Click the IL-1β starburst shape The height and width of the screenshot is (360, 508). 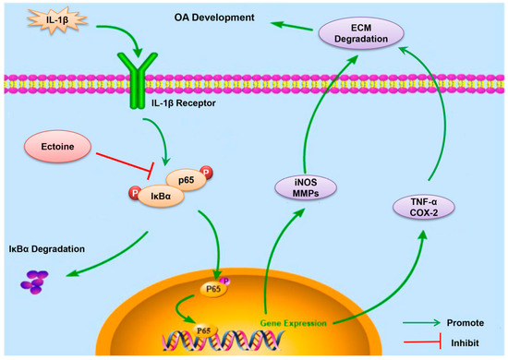(x=57, y=20)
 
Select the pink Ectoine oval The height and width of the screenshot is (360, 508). (x=57, y=147)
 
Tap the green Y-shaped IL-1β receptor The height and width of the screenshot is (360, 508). (x=138, y=80)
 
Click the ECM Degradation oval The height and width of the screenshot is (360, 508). (x=361, y=33)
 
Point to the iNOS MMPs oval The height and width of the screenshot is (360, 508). (x=306, y=187)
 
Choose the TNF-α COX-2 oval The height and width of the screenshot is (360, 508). (x=424, y=207)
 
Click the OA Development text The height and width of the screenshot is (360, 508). (x=214, y=18)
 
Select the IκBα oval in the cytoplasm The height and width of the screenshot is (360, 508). (x=162, y=196)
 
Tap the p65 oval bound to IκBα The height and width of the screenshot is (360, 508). (x=187, y=180)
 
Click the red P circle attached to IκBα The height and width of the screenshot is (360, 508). (x=135, y=193)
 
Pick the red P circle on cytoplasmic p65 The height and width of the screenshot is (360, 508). (x=206, y=172)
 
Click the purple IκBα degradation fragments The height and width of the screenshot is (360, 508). (x=34, y=282)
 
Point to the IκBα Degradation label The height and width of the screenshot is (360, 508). (x=47, y=249)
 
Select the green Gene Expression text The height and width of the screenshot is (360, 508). (x=294, y=323)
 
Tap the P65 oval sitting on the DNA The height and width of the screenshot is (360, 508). (x=204, y=330)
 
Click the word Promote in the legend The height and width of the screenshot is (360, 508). (x=466, y=323)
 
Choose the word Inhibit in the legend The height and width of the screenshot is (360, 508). (x=465, y=342)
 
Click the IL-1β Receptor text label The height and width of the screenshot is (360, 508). (x=184, y=103)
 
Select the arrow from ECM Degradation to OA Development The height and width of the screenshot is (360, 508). (x=292, y=26)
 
